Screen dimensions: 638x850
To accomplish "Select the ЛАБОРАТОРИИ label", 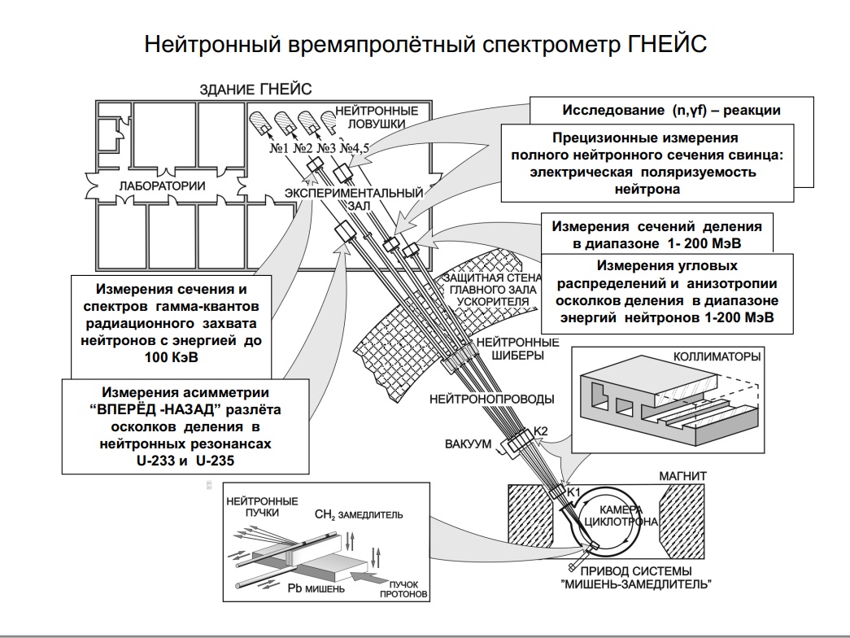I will pyautogui.click(x=162, y=186).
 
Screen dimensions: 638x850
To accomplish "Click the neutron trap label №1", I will pyautogui.click(x=278, y=149).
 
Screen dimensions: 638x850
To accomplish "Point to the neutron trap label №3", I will pyautogui.click(x=326, y=149).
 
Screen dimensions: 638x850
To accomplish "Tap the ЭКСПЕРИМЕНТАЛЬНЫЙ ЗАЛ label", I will pyautogui.click(x=355, y=199).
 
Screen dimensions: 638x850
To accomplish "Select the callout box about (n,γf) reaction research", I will pyautogui.click(x=671, y=111).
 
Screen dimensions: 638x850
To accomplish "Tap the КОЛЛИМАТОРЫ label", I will pyautogui.click(x=717, y=356).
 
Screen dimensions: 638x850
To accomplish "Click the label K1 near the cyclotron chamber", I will pyautogui.click(x=573, y=492).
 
